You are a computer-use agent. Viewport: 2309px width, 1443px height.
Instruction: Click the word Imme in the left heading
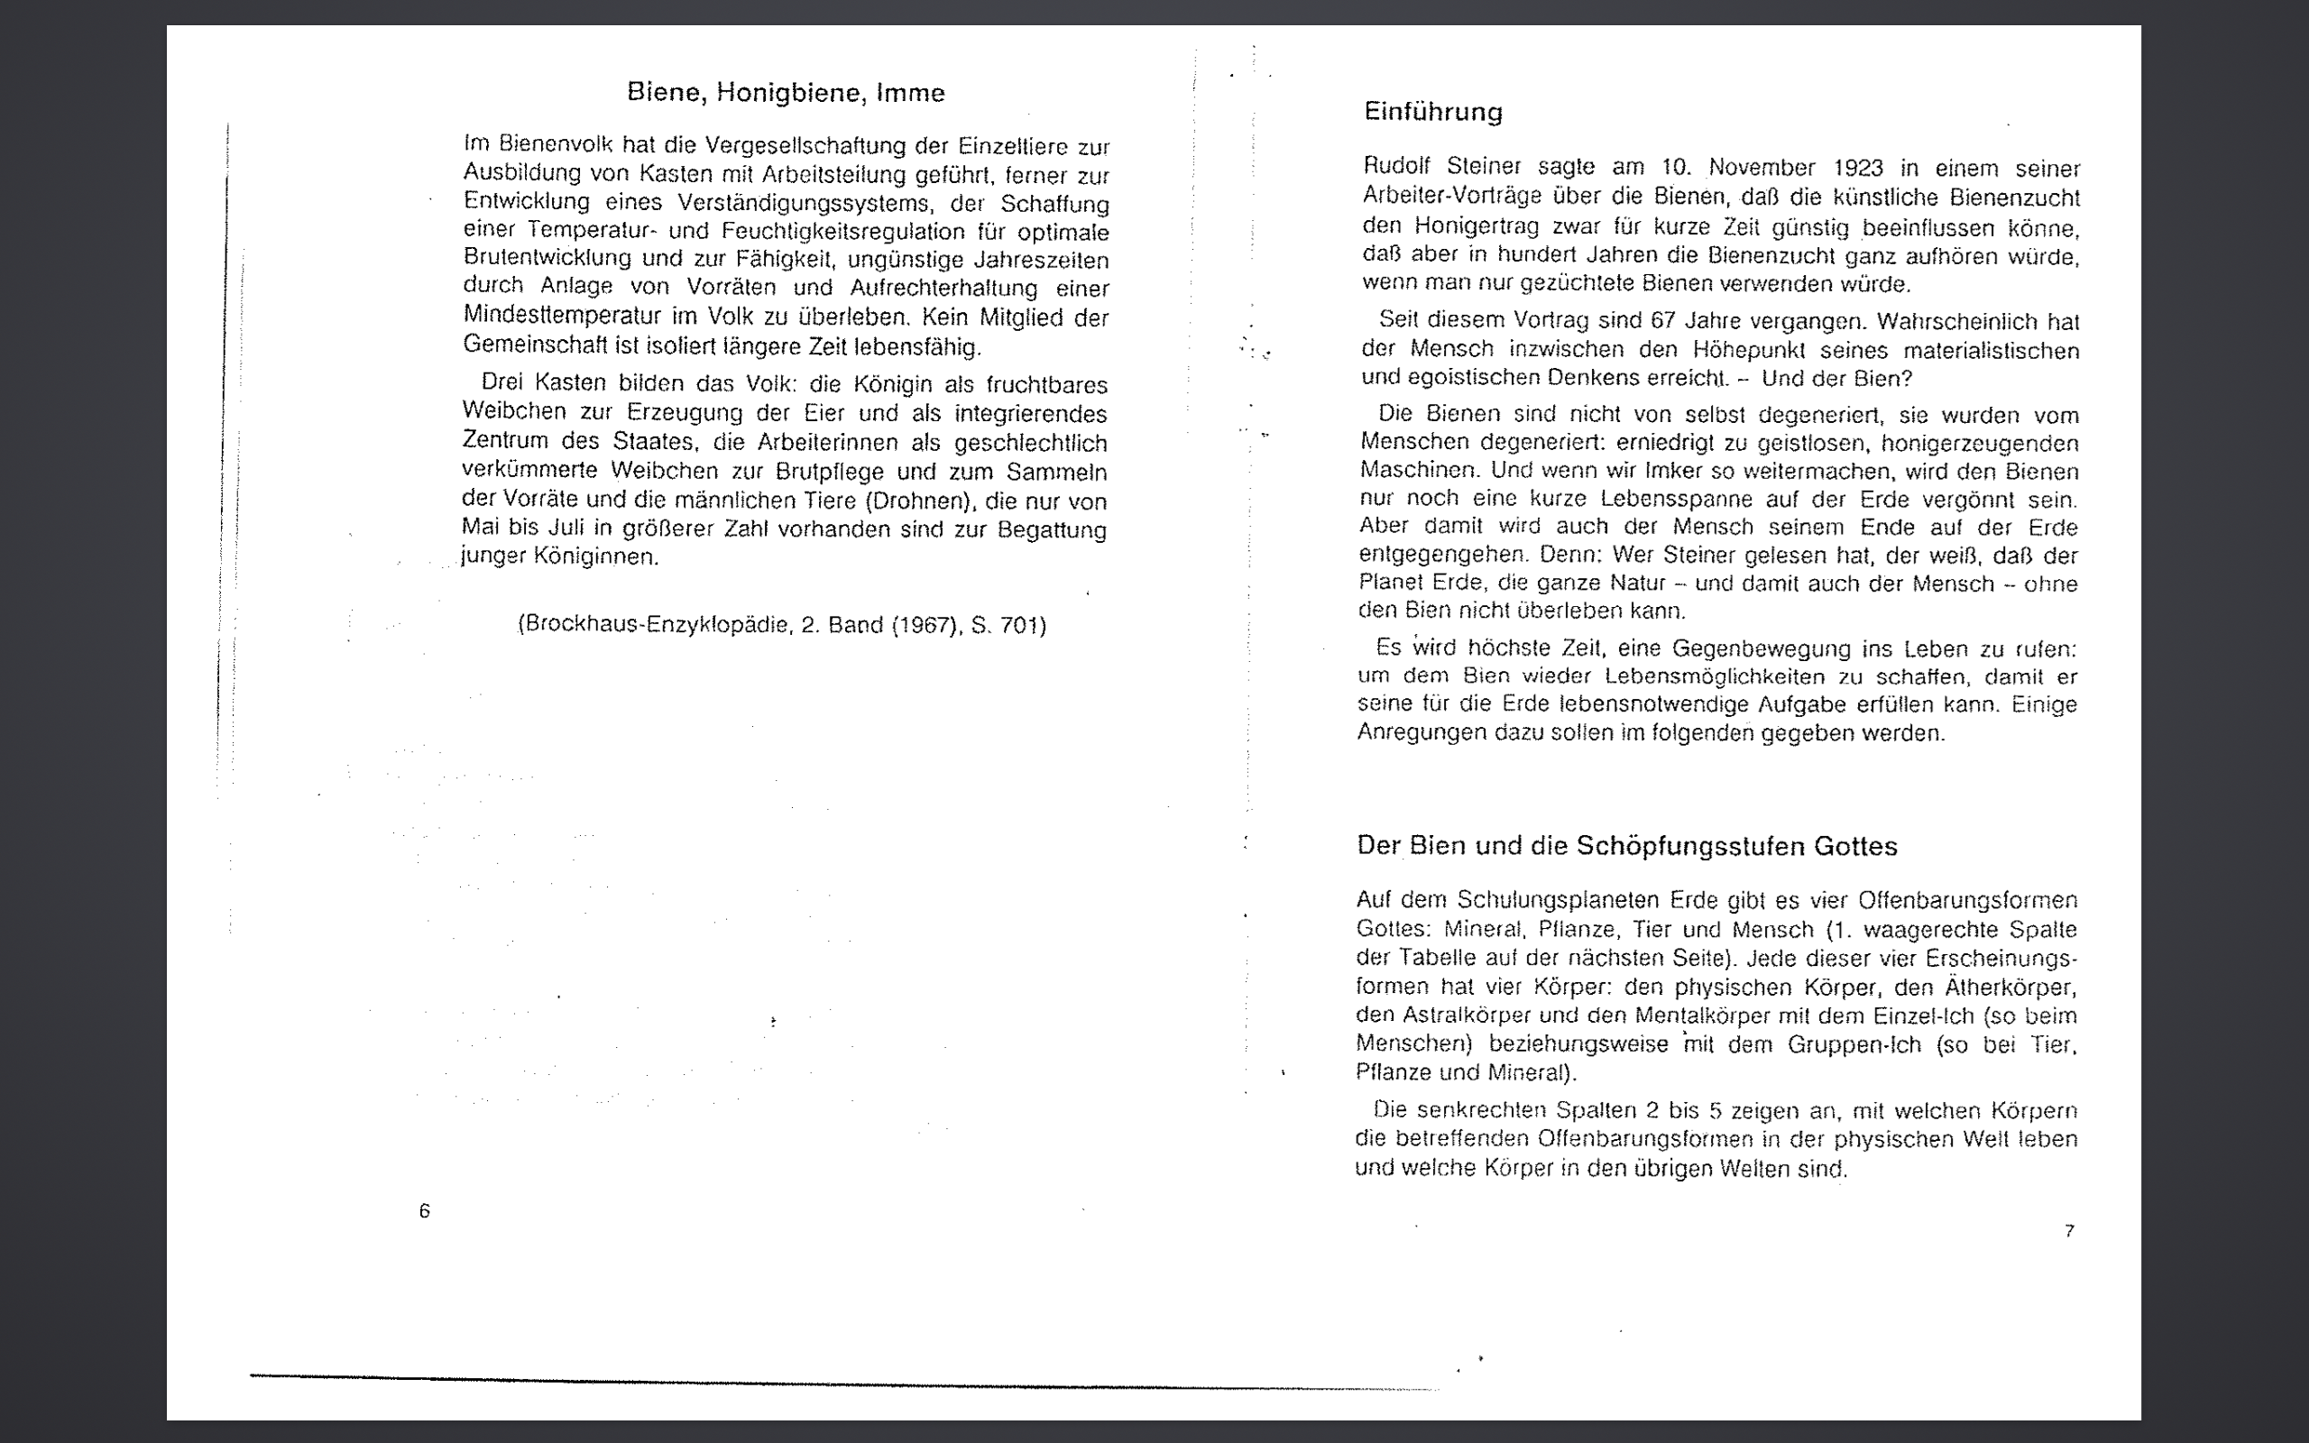tap(910, 93)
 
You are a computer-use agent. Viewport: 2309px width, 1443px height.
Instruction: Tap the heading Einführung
tap(1433, 112)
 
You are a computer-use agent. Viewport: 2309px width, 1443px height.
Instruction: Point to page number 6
tap(425, 1211)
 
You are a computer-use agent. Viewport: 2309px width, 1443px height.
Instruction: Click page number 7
tap(2068, 1231)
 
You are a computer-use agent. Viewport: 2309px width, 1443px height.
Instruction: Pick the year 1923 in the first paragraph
tap(1858, 169)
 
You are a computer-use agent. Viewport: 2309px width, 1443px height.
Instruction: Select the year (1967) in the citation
tap(924, 625)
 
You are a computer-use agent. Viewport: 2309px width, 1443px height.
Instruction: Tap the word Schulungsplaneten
tap(1532, 900)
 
